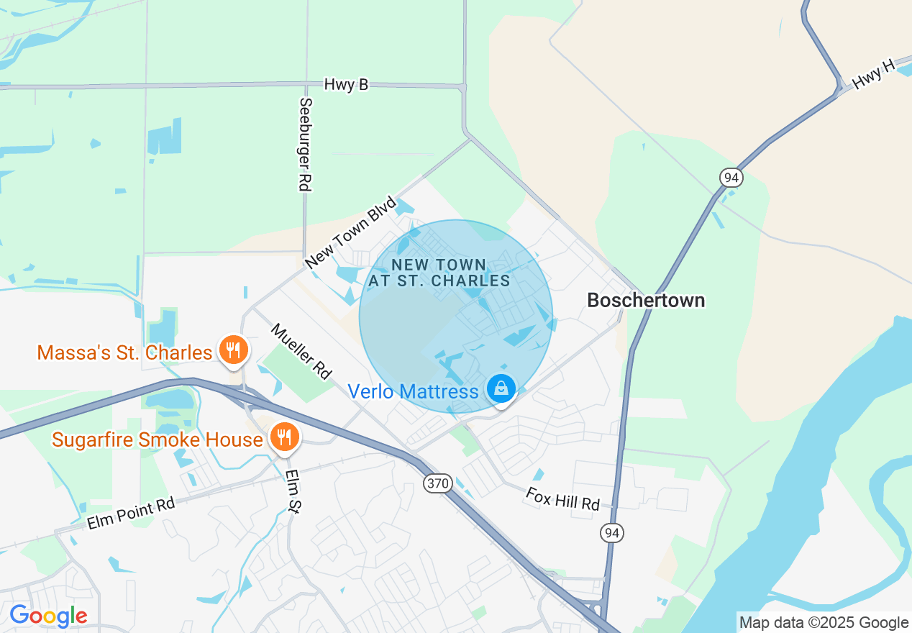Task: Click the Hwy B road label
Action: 346,84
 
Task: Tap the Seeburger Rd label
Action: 305,144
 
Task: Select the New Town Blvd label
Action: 351,232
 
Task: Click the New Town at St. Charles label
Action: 439,273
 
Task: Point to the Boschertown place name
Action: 646,300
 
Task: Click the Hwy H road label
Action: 873,75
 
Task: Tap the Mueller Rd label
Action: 301,351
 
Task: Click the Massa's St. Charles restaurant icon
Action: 232,350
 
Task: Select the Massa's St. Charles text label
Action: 124,352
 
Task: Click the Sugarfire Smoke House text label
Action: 157,440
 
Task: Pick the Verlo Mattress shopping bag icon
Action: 501,388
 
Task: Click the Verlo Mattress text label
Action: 413,391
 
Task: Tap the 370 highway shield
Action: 437,483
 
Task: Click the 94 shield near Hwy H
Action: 730,177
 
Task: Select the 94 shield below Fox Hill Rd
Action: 612,532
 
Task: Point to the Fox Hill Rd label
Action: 562,498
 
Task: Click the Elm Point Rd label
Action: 131,514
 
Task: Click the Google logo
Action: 48,616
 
